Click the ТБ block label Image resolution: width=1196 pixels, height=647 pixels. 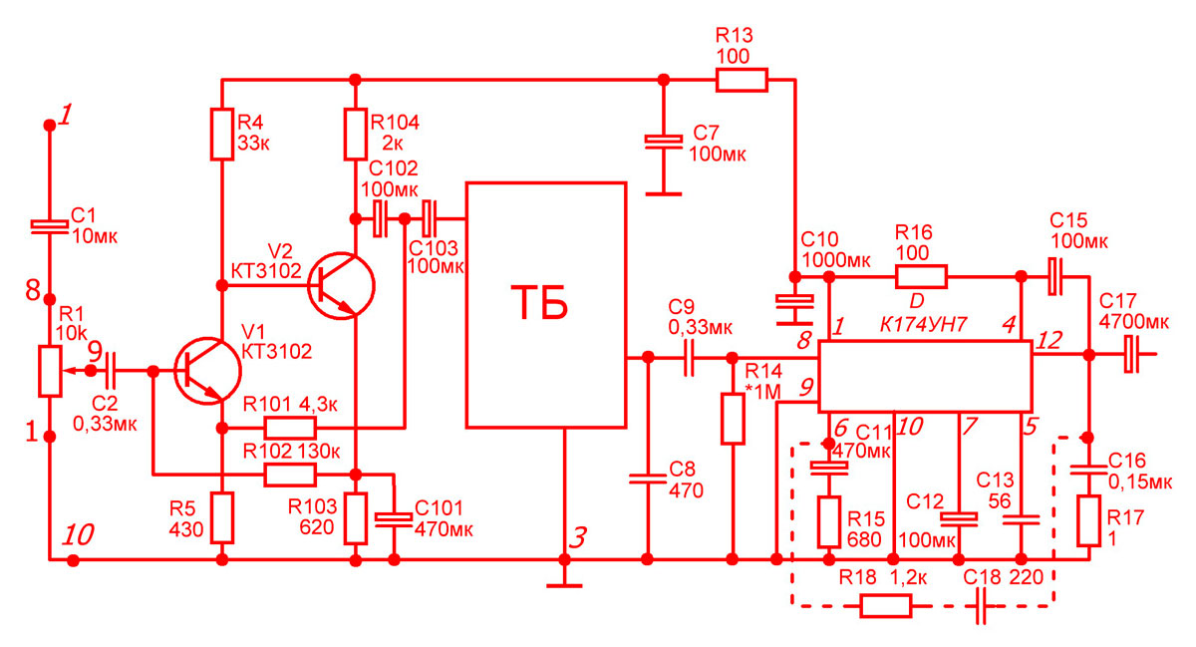[540, 302]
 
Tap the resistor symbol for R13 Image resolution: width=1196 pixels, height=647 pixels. [742, 80]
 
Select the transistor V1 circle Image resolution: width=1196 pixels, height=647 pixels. [208, 371]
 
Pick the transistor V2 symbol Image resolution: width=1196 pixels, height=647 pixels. [342, 286]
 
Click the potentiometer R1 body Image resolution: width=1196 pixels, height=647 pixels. [50, 371]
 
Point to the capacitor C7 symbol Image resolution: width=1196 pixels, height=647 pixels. [664, 141]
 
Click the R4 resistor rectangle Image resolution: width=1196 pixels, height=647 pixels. [222, 135]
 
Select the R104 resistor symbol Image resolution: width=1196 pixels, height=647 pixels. [355, 135]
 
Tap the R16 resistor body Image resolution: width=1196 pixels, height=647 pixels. [922, 277]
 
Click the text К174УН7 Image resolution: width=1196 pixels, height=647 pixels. [923, 324]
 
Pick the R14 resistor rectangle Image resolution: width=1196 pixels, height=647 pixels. [733, 419]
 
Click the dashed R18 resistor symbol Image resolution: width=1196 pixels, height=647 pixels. [886, 606]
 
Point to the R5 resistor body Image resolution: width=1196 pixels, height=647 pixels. [222, 517]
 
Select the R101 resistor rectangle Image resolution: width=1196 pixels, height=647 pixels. [290, 428]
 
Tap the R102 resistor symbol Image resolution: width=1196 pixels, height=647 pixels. [290, 475]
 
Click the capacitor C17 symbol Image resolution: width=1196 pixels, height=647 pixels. [1131, 354]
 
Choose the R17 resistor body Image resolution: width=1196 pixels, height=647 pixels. [1088, 521]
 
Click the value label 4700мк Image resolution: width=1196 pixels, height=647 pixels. [1134, 322]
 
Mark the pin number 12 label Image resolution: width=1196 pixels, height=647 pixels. [1049, 340]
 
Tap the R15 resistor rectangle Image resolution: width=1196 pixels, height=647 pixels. [828, 522]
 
